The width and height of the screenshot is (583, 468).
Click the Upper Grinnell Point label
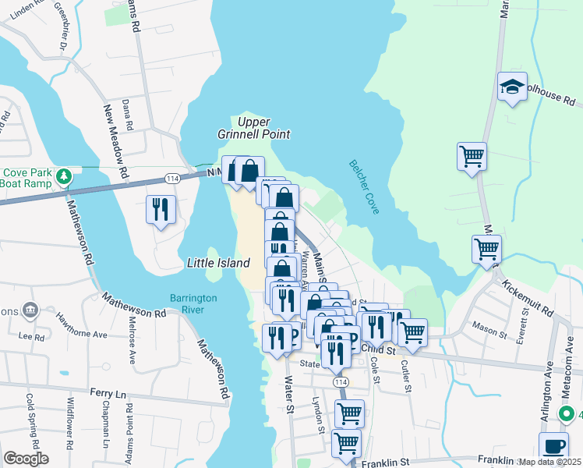[253, 128]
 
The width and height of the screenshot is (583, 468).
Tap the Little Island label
[218, 264]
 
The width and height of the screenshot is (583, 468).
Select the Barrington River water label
[194, 304]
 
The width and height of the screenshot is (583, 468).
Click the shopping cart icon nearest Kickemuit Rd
[486, 250]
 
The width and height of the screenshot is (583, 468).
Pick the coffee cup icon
[554, 447]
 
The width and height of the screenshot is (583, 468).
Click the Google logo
[26, 459]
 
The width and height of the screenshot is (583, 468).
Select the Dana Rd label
[128, 115]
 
